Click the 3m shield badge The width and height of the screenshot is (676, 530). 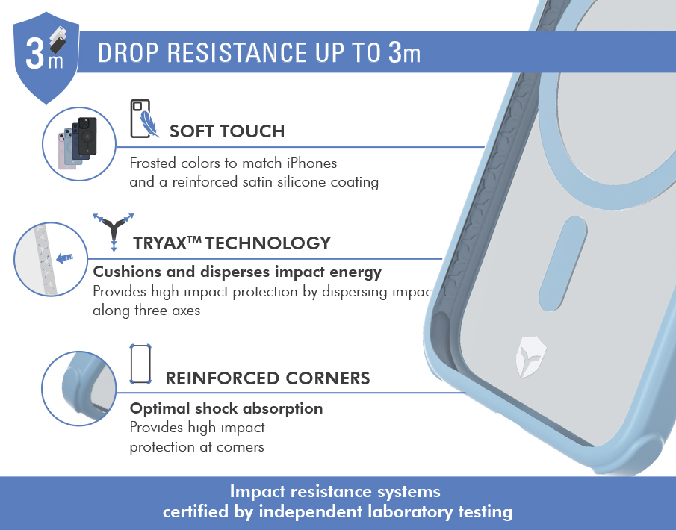[46, 57]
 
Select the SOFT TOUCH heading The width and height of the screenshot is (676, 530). [227, 131]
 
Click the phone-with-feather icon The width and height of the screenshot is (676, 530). [144, 119]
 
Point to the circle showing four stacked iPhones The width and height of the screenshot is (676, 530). [79, 144]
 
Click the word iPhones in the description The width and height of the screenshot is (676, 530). [311, 163]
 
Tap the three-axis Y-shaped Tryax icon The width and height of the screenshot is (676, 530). [114, 231]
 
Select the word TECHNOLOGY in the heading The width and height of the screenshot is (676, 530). [268, 243]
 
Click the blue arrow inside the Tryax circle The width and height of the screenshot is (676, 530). [65, 258]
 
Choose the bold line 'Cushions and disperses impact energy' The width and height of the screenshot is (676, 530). [237, 272]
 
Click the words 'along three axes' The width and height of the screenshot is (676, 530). [146, 311]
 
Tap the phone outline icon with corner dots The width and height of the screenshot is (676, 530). [140, 364]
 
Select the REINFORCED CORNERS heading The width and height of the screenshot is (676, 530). [267, 378]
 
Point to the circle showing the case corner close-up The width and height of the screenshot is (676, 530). [79, 388]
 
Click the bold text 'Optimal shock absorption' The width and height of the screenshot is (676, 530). [226, 408]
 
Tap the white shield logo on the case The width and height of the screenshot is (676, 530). [530, 357]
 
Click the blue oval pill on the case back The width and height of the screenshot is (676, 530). [562, 264]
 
